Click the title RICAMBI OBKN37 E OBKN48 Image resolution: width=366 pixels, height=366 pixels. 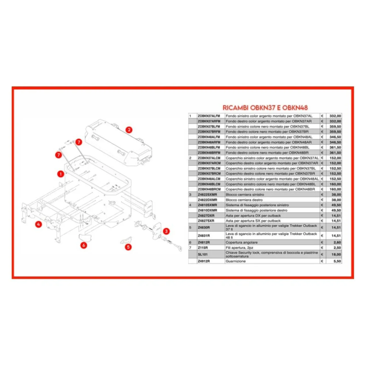coord(265,108)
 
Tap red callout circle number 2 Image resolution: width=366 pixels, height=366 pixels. coord(129,130)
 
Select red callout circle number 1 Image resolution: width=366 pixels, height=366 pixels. coord(61,174)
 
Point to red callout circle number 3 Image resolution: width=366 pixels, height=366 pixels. coord(166,231)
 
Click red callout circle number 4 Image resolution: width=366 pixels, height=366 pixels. coord(39,224)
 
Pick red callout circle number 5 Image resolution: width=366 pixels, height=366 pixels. coord(128,247)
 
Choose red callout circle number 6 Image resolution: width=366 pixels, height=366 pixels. coord(84,245)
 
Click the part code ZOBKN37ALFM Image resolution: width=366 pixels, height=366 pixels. coord(209,116)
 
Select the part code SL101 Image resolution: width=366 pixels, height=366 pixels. coord(203,254)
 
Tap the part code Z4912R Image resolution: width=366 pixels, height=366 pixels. coord(204,261)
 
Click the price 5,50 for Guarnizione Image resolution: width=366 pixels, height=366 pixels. coord(337,261)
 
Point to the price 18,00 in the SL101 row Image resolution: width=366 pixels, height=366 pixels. coord(336,254)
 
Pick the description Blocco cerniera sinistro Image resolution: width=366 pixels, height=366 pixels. coord(245,195)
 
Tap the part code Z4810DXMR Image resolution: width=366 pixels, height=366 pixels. coord(207,210)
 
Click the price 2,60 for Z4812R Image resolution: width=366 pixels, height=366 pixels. coord(337,242)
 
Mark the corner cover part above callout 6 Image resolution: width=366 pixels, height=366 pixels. coord(85,237)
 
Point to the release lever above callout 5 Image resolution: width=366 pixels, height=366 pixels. coord(126,240)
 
